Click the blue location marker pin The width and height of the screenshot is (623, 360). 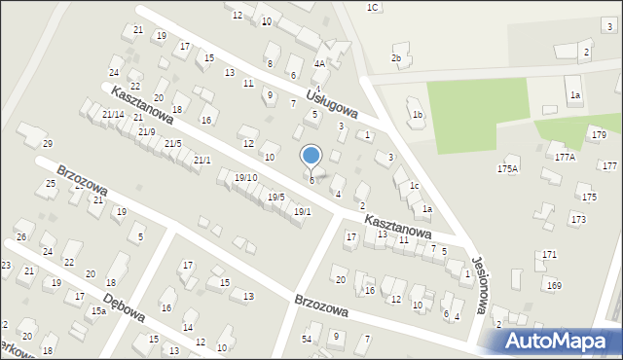[311, 156]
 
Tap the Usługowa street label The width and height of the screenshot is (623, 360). [333, 103]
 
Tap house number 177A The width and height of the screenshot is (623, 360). [565, 157]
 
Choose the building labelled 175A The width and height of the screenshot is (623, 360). [507, 168]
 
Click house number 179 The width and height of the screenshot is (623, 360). [598, 134]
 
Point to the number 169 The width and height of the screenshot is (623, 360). [555, 285]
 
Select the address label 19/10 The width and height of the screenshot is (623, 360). [245, 177]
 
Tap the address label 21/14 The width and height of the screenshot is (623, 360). [113, 115]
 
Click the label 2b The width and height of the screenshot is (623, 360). [396, 58]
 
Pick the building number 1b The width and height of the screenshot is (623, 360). [418, 115]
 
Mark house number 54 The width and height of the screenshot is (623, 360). [306, 338]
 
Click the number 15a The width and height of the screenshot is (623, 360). [98, 310]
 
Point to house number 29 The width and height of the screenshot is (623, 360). [46, 144]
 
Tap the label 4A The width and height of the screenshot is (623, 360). [318, 63]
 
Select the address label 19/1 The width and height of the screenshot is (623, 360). [302, 211]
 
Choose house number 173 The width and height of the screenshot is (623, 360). [578, 219]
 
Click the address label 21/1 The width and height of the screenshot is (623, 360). [202, 160]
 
